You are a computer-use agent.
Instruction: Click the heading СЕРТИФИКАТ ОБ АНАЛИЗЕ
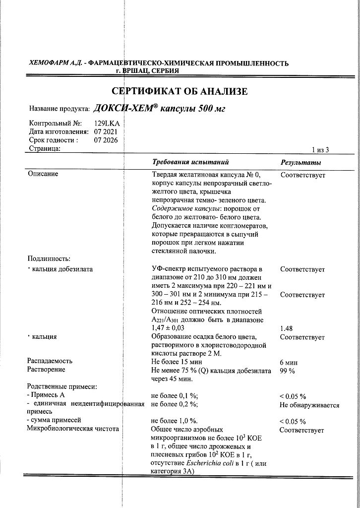click(x=180, y=91)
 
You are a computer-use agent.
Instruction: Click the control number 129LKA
click(x=107, y=123)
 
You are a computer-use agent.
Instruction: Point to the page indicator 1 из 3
click(x=320, y=149)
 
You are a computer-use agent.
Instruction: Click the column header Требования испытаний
click(x=190, y=162)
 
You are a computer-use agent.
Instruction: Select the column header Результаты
click(x=300, y=163)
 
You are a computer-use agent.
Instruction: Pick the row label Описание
click(x=43, y=174)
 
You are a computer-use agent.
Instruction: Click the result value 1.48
click(x=287, y=328)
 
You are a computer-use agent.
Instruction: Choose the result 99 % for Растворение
click(x=288, y=371)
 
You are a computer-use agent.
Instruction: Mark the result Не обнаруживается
click(x=309, y=405)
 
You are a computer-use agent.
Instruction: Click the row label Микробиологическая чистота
click(x=73, y=429)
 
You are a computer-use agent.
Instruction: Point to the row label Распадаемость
click(x=50, y=361)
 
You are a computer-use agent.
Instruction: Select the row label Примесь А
click(x=48, y=395)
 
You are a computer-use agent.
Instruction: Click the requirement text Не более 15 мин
click(x=177, y=362)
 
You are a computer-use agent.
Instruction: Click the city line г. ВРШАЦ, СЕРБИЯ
click(x=147, y=71)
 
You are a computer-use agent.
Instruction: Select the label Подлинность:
click(x=49, y=258)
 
